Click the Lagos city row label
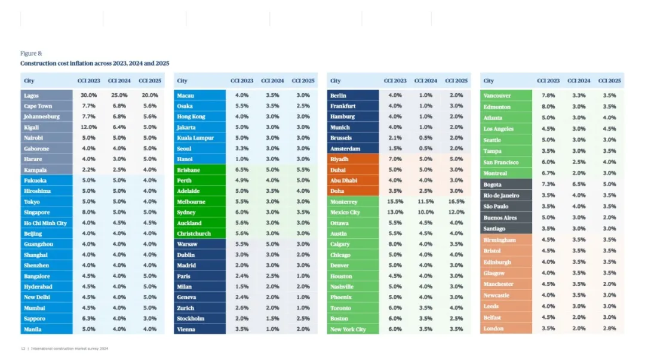(31, 96)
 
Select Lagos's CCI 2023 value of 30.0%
(89, 96)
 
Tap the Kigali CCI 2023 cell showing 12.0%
(89, 127)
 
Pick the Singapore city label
(37, 213)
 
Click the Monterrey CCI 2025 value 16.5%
(456, 202)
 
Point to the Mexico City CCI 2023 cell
(395, 213)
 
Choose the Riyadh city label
(339, 159)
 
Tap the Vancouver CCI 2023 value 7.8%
(548, 96)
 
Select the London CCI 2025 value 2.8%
(609, 328)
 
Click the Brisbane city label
(189, 170)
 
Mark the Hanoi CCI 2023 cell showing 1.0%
(242, 159)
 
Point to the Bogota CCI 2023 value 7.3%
(548, 184)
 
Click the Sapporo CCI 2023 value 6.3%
(89, 318)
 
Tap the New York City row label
(348, 329)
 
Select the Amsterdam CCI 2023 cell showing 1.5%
(395, 149)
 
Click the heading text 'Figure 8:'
(31, 54)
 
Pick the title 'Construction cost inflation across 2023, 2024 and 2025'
(95, 63)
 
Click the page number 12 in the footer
(23, 348)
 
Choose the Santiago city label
(494, 229)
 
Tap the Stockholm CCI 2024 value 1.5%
(272, 318)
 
